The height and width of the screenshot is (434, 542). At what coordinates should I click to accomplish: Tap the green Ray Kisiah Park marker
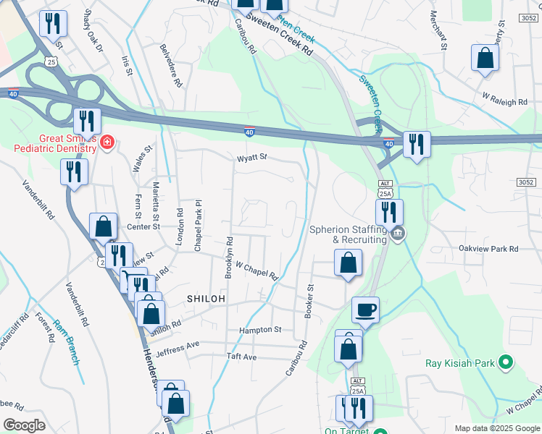(x=506, y=362)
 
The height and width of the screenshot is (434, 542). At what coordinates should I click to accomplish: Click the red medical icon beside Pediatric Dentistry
(x=107, y=141)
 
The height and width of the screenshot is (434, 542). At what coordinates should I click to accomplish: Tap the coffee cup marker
(x=364, y=310)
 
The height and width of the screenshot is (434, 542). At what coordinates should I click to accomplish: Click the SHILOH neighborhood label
(x=207, y=298)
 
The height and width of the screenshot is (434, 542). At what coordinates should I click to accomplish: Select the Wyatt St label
(x=252, y=157)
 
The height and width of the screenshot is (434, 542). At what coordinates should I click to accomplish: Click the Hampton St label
(x=260, y=330)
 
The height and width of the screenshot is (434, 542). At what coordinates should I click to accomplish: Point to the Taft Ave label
(x=241, y=357)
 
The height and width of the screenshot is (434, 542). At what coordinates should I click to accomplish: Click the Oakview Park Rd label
(x=488, y=249)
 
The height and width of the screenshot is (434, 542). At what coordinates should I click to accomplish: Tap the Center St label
(x=143, y=227)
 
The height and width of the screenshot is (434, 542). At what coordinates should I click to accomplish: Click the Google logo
(x=24, y=425)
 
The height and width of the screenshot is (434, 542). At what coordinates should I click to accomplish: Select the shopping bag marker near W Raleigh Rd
(x=484, y=59)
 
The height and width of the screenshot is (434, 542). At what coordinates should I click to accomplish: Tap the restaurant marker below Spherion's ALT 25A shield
(x=389, y=212)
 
